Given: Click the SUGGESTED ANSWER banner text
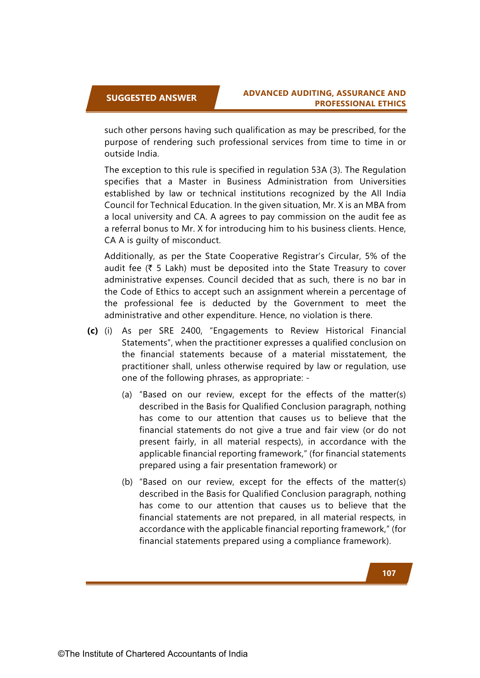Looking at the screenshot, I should point(151,98).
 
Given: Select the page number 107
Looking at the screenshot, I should point(389,573).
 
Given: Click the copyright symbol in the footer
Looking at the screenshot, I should point(61,654).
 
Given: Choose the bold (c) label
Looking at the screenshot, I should point(92,331).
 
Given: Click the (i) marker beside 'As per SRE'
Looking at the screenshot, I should point(108,331).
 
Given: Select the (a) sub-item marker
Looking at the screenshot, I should point(127,395).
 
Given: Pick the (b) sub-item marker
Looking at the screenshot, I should point(127,482).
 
